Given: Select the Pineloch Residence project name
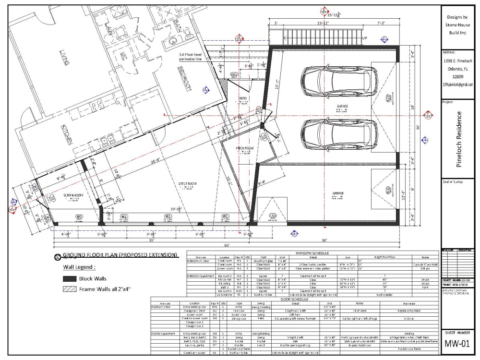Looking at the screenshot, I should click(459, 139).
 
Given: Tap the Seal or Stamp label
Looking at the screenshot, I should click(454, 182).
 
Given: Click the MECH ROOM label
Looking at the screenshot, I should click(245, 148).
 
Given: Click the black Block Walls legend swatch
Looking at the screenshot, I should click(70, 278).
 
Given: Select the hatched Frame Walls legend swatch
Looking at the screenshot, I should click(70, 289).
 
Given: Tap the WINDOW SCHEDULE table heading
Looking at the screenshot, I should click(312, 252).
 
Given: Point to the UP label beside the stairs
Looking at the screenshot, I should click(365, 38).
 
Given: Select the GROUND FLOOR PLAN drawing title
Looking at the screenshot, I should click(120, 254).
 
